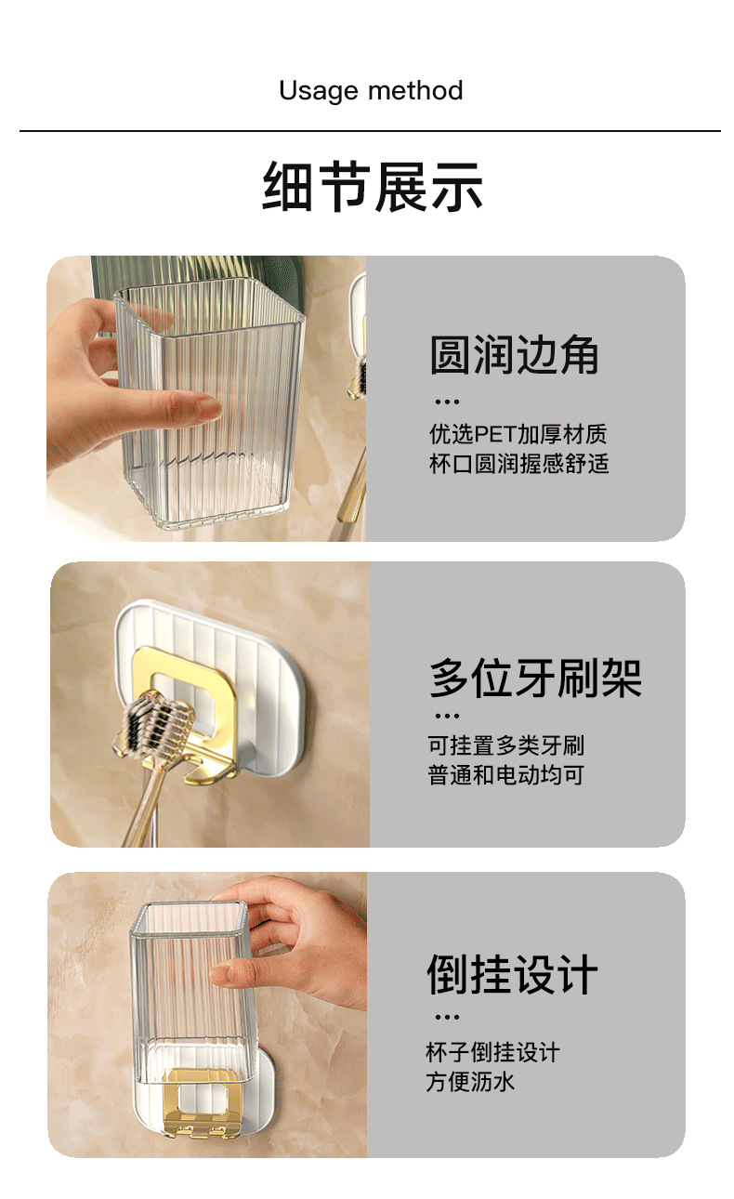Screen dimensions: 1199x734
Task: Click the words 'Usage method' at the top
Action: pos(371,91)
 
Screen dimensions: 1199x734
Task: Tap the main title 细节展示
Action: pos(373,187)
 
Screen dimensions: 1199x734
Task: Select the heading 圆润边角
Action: pos(515,355)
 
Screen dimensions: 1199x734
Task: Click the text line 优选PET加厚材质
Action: pos(518,434)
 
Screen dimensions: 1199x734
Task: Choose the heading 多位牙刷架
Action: pos(535,678)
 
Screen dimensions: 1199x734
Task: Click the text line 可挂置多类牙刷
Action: pos(506,745)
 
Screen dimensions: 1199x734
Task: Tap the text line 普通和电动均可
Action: pos(506,774)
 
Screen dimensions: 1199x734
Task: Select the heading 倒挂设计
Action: pos(512,975)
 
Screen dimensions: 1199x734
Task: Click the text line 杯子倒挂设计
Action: pos(493,1052)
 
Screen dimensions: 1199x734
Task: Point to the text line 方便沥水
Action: pos(470,1082)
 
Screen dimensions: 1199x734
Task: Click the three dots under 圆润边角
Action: pos(447,402)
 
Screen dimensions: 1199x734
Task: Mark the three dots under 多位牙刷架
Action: pos(447,717)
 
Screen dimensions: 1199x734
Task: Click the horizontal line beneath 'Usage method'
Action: pos(370,131)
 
